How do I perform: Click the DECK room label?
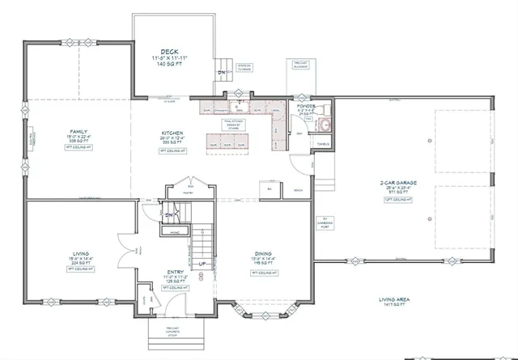pyautogui.click(x=169, y=51)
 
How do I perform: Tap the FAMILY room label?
pyautogui.click(x=79, y=131)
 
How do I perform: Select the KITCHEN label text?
pyautogui.click(x=172, y=133)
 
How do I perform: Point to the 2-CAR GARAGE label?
pyautogui.click(x=398, y=183)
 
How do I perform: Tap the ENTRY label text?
pyautogui.click(x=176, y=270)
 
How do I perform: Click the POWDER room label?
pyautogui.click(x=306, y=106)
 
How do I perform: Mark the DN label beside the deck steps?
pyautogui.click(x=219, y=71)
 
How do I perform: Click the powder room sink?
pyautogui.click(x=325, y=125)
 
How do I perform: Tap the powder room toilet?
pyautogui.click(x=318, y=108)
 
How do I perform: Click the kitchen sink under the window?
pyautogui.click(x=240, y=106)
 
